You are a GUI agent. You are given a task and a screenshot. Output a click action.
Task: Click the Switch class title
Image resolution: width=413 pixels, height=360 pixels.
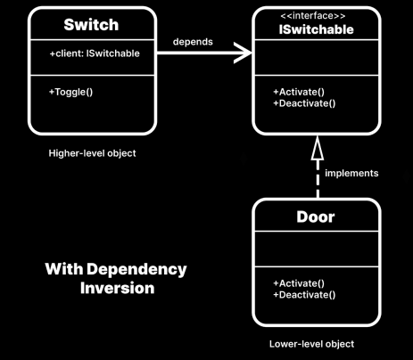(x=91, y=25)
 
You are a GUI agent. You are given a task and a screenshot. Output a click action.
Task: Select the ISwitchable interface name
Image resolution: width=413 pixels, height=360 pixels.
(x=317, y=29)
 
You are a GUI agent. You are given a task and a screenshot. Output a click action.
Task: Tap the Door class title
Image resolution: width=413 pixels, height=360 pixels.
(x=316, y=217)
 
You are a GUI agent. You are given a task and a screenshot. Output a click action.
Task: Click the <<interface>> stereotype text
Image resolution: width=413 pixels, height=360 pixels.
(x=313, y=15)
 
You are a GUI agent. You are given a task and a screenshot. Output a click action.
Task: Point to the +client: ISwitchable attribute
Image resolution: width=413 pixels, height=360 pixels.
(x=95, y=53)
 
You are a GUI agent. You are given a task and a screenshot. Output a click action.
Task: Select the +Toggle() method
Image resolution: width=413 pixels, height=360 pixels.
(x=70, y=92)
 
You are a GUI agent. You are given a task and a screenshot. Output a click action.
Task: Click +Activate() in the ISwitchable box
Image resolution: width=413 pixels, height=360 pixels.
(x=299, y=92)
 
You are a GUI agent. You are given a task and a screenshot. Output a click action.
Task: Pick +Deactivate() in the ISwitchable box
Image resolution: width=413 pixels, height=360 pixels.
(x=304, y=103)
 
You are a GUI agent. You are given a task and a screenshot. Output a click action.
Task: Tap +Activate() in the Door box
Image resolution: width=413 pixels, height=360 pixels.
(x=299, y=283)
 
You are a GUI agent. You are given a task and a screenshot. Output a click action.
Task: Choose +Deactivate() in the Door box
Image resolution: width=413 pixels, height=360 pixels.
(x=304, y=295)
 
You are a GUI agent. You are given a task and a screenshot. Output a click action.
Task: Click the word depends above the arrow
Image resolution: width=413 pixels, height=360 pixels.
(x=193, y=42)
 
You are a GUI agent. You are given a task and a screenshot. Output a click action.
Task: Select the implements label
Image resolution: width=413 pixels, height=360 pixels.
(x=351, y=173)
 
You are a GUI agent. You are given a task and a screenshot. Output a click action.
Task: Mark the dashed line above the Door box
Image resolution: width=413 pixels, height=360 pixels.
(x=318, y=179)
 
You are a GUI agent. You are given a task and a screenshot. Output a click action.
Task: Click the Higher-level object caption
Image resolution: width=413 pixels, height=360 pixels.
(x=92, y=153)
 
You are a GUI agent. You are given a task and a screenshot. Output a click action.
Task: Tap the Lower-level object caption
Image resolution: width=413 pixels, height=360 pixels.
(x=311, y=344)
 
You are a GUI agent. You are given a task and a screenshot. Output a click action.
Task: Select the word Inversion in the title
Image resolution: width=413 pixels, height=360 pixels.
(x=118, y=288)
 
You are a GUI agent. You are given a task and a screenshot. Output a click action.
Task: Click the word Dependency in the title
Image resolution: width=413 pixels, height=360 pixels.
(x=136, y=270)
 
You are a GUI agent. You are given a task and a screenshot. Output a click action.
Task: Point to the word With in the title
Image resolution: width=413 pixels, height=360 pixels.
(x=64, y=269)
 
